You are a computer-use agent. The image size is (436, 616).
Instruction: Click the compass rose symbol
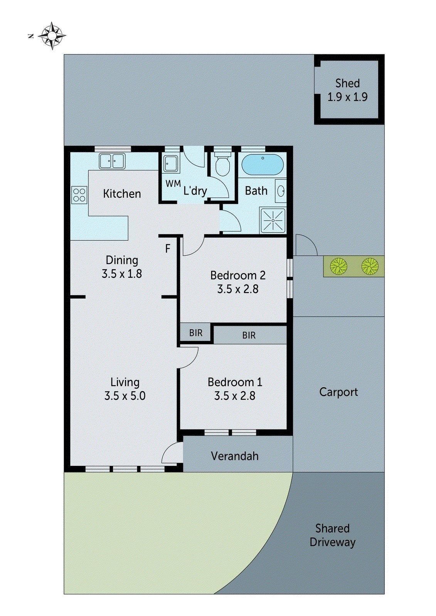[x=52, y=36]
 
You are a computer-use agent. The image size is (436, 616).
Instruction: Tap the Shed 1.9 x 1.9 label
[x=347, y=90]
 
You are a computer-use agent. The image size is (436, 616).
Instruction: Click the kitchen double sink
[x=112, y=161]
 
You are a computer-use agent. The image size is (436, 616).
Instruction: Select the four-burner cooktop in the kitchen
[x=79, y=194]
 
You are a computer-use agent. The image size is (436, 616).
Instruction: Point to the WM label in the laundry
[x=173, y=184]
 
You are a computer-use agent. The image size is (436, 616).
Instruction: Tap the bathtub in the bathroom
[x=263, y=165]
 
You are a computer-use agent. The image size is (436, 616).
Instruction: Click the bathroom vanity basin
[x=281, y=191]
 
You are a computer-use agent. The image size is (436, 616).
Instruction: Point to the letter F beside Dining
[x=168, y=249]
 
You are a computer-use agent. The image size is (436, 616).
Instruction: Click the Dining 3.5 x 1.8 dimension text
[x=122, y=274]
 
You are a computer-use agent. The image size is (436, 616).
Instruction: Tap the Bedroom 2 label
[x=237, y=275]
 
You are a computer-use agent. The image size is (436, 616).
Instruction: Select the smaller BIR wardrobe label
[x=196, y=333]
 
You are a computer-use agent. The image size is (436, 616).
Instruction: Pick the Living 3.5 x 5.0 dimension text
[x=125, y=396]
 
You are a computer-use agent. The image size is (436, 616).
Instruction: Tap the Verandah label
[x=234, y=456]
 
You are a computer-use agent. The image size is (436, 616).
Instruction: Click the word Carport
[x=338, y=392]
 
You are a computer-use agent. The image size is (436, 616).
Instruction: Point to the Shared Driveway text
[x=332, y=535]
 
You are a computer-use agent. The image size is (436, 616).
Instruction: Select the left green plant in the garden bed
[x=338, y=266]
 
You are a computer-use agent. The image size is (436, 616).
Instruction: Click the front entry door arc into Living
[x=172, y=453]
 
